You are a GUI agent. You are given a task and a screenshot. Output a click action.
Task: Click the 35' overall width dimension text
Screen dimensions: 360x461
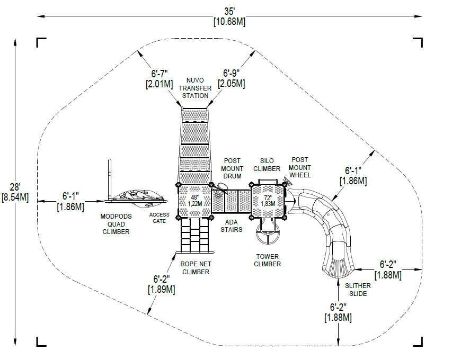pos(229,11)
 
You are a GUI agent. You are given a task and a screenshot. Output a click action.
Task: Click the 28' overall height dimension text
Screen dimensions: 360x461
pos(15,187)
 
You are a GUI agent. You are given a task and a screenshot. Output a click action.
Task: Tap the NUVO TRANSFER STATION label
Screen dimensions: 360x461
pos(195,87)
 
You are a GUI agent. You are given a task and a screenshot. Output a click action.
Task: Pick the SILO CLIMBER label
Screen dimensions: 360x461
pos(267,165)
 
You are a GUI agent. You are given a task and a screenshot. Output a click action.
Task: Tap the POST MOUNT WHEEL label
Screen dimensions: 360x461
pos(300,167)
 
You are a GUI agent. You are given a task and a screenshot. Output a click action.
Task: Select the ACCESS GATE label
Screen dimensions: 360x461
pos(159,218)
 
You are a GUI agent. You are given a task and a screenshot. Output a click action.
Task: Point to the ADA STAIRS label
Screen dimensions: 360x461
pos(231,226)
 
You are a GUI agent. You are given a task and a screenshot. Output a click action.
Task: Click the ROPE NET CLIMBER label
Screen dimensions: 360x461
pos(194,267)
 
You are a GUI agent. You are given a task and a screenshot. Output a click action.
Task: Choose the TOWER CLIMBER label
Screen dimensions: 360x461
pos(267,260)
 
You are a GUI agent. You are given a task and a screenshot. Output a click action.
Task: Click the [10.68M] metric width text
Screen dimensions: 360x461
pos(229,22)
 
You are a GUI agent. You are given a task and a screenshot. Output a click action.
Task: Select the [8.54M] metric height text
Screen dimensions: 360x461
pos(15,197)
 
